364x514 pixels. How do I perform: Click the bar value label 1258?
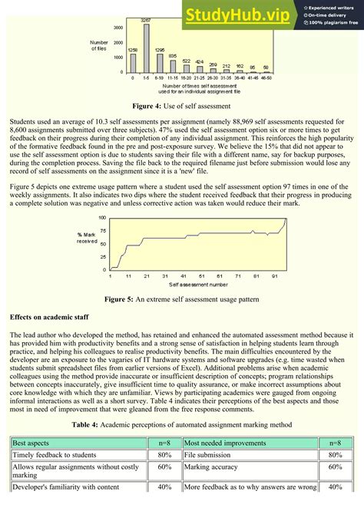133,50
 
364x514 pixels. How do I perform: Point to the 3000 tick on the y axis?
117,27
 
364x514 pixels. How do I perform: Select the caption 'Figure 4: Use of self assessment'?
181,105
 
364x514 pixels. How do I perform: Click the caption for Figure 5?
181,299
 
